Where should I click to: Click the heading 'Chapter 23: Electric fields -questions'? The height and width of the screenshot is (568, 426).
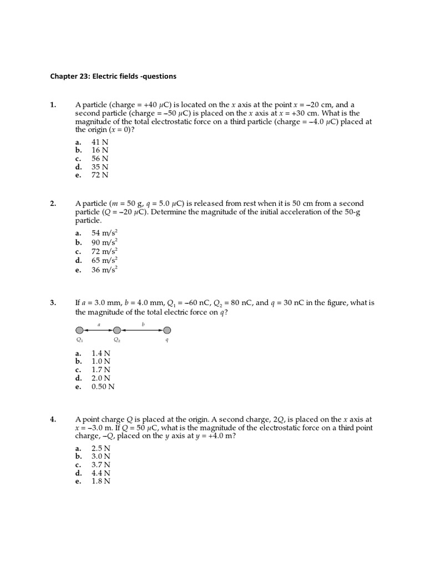coord(114,76)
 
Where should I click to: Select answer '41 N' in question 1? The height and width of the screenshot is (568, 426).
coord(100,142)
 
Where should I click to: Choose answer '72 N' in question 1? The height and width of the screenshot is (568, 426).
coord(100,175)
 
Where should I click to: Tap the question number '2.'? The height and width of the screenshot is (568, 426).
coord(53,204)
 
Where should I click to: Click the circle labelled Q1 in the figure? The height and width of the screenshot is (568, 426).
coord(79,330)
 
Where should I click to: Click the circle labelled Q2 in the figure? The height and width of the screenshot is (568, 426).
coord(117,330)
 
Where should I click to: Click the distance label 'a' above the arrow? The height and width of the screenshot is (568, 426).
coord(99,324)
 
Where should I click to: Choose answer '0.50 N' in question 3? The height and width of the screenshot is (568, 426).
coord(103,387)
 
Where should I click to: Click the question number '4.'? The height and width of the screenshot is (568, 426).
coord(53,420)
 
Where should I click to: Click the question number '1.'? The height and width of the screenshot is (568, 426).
coord(53,104)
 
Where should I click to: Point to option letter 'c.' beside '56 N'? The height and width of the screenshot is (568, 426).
coord(79,158)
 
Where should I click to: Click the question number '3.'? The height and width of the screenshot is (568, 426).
coord(53,303)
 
